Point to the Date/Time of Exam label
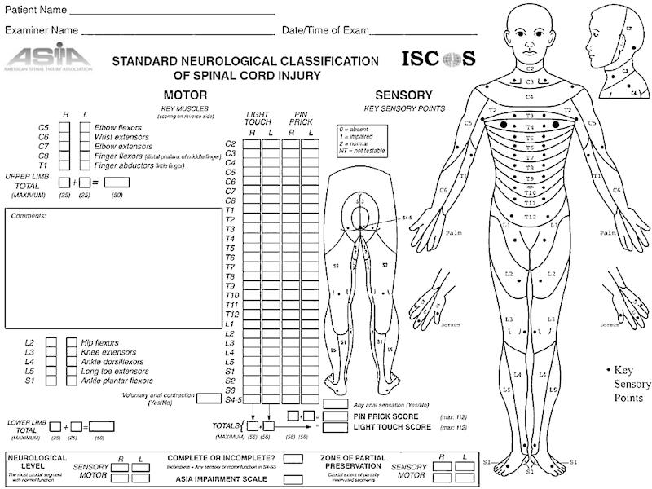point(324,31)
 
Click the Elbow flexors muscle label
point(117,128)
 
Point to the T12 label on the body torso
point(530,217)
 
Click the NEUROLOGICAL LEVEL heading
point(38,461)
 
